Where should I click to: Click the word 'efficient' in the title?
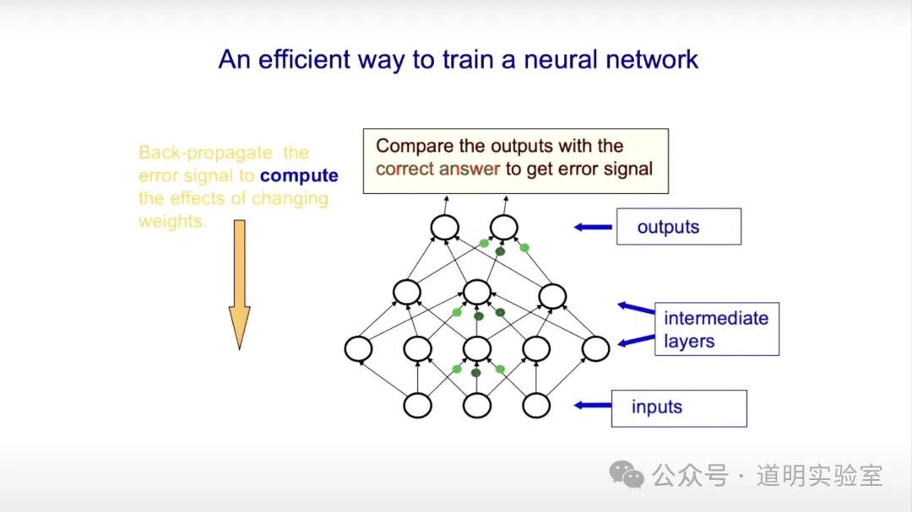click(304, 59)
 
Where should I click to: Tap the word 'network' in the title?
click(651, 59)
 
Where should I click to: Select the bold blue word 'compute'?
click(299, 175)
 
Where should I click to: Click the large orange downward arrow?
click(240, 284)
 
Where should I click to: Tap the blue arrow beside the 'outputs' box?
click(593, 227)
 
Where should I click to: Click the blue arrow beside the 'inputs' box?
click(593, 405)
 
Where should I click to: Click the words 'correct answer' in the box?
click(438, 169)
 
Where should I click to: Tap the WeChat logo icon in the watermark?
click(627, 475)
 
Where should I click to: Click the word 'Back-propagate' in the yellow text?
click(205, 153)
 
